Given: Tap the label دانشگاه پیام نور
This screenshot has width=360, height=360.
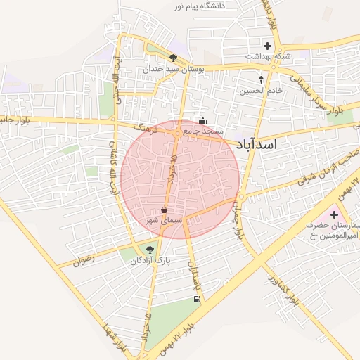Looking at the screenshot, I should pos(214,6).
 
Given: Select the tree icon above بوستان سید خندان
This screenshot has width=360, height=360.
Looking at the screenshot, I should pos(173,58).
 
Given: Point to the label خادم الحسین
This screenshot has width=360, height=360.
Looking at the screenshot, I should pos(261,90).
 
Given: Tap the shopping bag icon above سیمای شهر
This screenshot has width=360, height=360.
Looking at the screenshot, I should pos(164,210).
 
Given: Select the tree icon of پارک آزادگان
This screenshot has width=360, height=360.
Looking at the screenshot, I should pos(148,249).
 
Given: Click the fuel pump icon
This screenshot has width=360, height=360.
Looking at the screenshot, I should pos(195,300).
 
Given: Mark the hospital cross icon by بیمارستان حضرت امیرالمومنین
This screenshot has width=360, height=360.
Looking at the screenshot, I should pos(333,213).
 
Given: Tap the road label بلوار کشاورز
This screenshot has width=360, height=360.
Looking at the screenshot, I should pos(281,288).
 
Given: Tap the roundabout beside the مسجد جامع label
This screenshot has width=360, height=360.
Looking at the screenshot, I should pos(177,131).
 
